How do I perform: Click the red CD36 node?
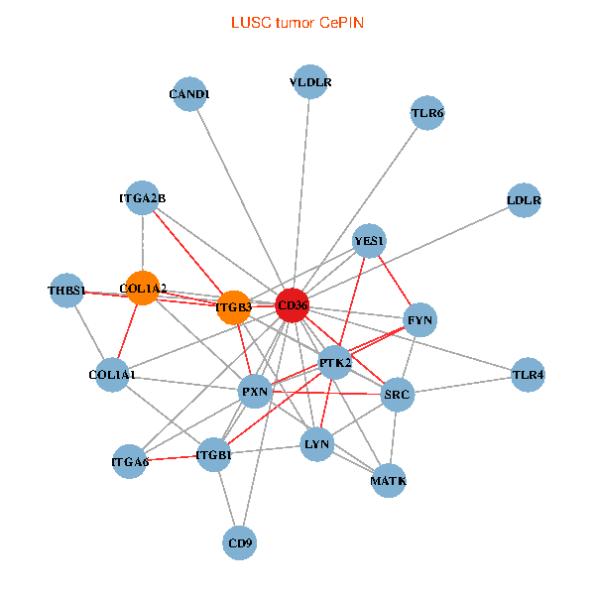tap(292, 306)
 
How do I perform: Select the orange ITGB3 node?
tap(234, 307)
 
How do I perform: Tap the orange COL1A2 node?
tap(143, 289)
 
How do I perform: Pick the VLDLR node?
tap(311, 82)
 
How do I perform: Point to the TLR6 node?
tap(427, 114)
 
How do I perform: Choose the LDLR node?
tap(524, 200)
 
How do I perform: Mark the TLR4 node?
tap(528, 375)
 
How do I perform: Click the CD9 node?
tap(240, 542)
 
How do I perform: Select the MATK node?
tap(389, 481)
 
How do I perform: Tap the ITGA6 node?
tap(130, 461)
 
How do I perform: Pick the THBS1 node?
tap(67, 291)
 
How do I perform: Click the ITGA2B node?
tap(143, 198)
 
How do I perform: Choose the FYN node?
tap(420, 320)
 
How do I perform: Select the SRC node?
tap(397, 394)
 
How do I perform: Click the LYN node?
tap(316, 443)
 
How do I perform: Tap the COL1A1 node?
tap(112, 376)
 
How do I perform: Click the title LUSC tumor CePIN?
tap(297, 22)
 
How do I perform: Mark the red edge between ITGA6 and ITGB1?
tap(172, 458)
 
